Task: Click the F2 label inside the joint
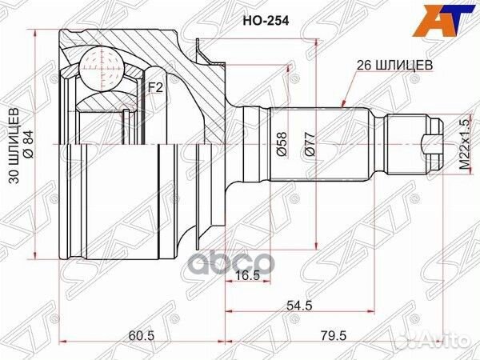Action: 155,87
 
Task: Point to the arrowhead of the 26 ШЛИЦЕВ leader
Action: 342,105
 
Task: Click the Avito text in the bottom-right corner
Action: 448,342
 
